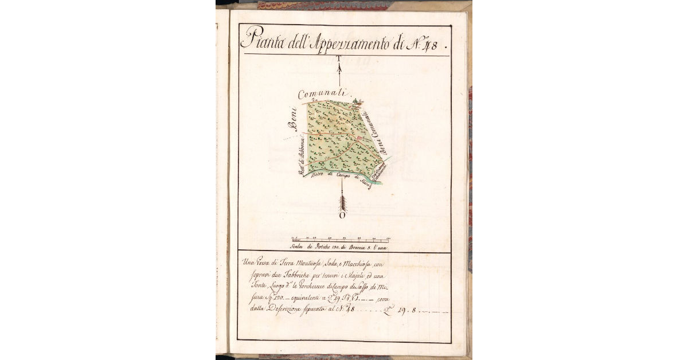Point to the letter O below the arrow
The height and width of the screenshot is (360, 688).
[342, 216]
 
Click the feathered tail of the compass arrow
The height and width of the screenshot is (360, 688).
[342, 202]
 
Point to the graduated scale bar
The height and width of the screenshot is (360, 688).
[341, 240]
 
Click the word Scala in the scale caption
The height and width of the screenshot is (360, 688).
[297, 248]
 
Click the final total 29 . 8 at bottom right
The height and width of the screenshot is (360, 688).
[413, 311]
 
